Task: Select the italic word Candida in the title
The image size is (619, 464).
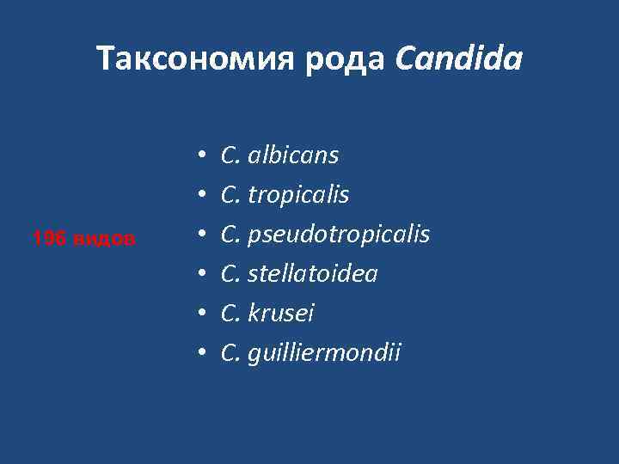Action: pyautogui.click(x=459, y=59)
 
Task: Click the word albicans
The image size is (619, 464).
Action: pyautogui.click(x=293, y=156)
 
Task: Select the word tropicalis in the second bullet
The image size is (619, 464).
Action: pyautogui.click(x=298, y=195)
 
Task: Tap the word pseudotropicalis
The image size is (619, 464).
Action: pyautogui.click(x=339, y=235)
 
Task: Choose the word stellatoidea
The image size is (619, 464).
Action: pyautogui.click(x=313, y=274)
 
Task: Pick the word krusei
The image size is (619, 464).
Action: pyautogui.click(x=281, y=314)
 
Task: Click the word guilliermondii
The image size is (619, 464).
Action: pyautogui.click(x=324, y=353)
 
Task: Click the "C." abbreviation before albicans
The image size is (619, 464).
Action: pyautogui.click(x=230, y=156)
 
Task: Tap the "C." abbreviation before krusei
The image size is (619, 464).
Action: pyautogui.click(x=230, y=314)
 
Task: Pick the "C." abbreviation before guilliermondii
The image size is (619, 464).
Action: pyautogui.click(x=230, y=353)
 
